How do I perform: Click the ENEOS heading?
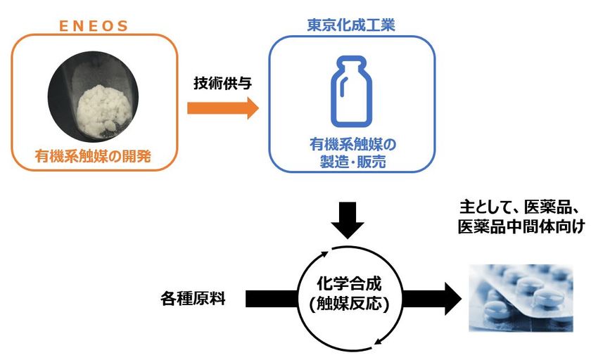(93, 27)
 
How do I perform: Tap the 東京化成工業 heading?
(352, 26)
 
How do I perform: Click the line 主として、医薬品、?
(517, 209)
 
